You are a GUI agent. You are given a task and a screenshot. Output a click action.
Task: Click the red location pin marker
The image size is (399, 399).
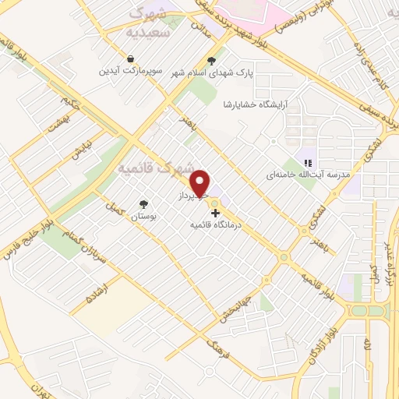pyautogui.click(x=202, y=182)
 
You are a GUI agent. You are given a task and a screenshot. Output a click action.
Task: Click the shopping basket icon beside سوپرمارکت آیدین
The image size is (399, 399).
pyautogui.click(x=130, y=58)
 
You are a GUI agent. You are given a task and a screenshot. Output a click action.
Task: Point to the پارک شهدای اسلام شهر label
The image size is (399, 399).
pyautogui.click(x=211, y=72)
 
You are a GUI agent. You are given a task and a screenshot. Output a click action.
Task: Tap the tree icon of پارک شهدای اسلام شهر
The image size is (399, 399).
pyautogui.click(x=211, y=60)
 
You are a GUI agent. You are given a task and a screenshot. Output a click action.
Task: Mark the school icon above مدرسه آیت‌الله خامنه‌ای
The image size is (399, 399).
pyautogui.click(x=308, y=163)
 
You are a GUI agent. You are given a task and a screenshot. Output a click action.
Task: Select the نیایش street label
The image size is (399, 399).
pyautogui.click(x=81, y=149)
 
